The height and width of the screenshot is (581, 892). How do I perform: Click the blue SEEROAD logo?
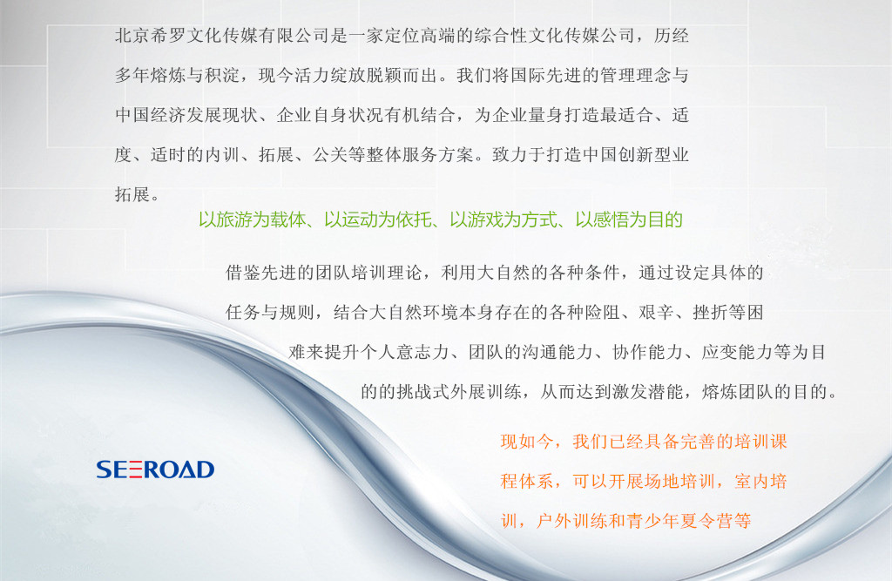coord(155,470)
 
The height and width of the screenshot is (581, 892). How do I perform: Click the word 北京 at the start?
coord(132,36)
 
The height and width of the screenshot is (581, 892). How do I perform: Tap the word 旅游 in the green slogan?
coord(233,220)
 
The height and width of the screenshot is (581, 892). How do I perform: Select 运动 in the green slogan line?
coord(360,220)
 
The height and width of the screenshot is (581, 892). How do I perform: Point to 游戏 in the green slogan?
coord(485,220)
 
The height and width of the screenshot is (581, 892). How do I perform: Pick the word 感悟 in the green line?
coord(611,220)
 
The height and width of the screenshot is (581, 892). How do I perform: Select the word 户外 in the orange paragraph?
coord(554,521)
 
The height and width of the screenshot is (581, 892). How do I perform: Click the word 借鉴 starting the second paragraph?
coord(244,273)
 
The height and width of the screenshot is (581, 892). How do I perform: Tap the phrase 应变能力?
coord(738,352)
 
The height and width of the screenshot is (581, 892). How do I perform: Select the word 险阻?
coord(603,313)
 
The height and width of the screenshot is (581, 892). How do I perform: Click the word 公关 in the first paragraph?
coord(330,155)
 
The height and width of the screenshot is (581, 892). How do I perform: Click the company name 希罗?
coord(168,36)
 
